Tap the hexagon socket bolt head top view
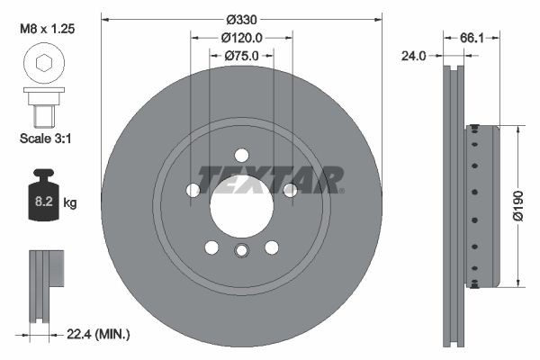click(43, 63)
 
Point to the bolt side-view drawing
click(43, 107)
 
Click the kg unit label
click(70, 203)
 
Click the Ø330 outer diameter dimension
click(241, 19)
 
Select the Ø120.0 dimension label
click(241, 38)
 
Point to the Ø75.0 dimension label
click(241, 56)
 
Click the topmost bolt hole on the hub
click(241, 154)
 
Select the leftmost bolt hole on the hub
click(193, 190)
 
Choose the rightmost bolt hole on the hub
click(290, 190)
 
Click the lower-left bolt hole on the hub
click(211, 247)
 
